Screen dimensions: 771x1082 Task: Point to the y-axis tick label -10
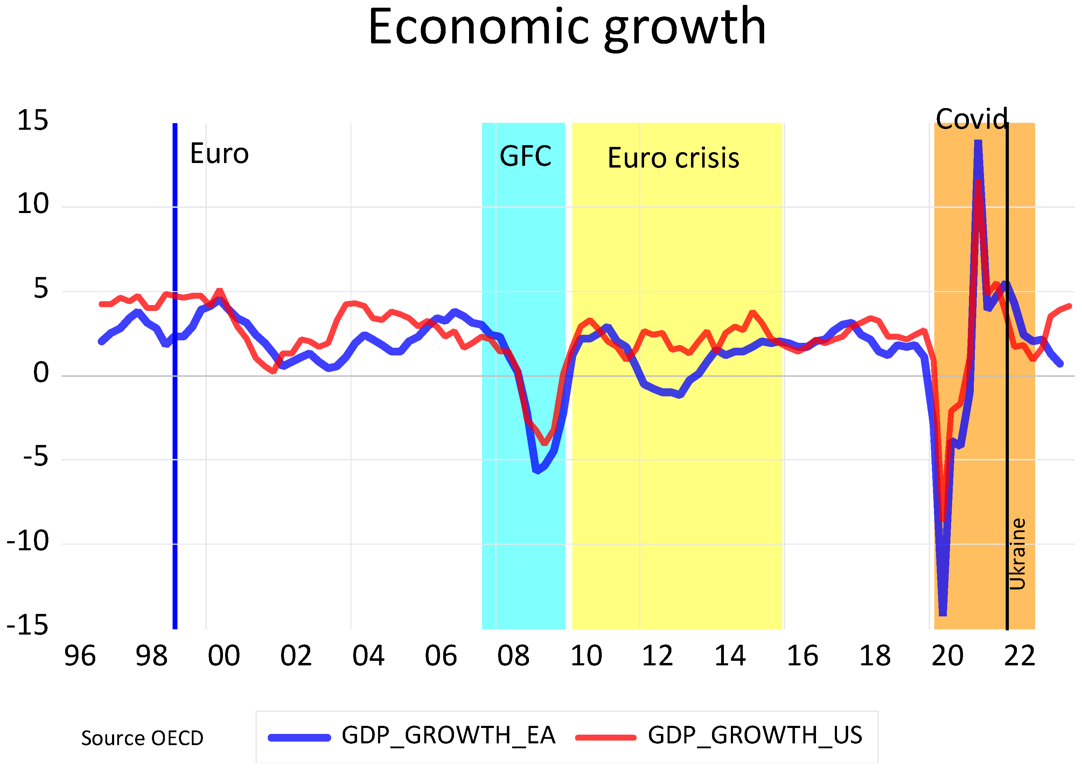pyautogui.click(x=28, y=541)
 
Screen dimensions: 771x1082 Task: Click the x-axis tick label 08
pyautogui.click(x=513, y=656)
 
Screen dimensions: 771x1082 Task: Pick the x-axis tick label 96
pyautogui.click(x=80, y=656)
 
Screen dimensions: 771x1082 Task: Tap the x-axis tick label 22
pyautogui.click(x=1019, y=656)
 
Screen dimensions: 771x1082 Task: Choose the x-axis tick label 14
pyautogui.click(x=730, y=656)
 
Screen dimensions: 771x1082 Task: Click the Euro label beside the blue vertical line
pyautogui.click(x=219, y=154)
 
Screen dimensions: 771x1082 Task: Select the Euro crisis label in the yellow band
pyautogui.click(x=673, y=158)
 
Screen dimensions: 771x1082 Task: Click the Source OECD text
pyautogui.click(x=142, y=738)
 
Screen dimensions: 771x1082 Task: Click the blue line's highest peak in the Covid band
pyautogui.click(x=977, y=142)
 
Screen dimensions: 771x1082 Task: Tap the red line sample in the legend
pyautogui.click(x=606, y=738)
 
